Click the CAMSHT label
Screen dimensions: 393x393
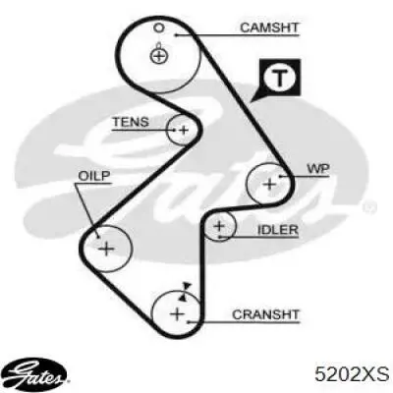[269, 28]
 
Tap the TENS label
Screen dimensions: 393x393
[131, 122]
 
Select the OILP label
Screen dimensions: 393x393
[94, 176]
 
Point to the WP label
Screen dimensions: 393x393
[318, 169]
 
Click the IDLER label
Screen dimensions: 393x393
[278, 230]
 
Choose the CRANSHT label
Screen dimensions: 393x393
[265, 314]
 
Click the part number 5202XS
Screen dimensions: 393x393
[352, 374]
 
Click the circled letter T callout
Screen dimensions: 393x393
[279, 79]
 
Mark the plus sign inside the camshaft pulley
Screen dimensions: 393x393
[159, 56]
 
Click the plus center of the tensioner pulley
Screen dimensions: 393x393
[184, 131]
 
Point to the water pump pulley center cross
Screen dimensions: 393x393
[270, 184]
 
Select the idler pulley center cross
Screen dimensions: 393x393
[219, 226]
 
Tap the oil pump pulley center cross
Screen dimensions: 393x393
[106, 249]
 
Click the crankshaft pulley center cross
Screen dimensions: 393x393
[178, 314]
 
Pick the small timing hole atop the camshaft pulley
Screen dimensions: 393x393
[158, 28]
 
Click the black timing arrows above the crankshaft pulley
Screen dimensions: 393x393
[185, 292]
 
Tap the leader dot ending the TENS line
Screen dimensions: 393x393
[174, 130]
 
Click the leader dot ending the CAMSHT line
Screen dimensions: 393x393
[176, 34]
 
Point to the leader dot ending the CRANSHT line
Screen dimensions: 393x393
[189, 322]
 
